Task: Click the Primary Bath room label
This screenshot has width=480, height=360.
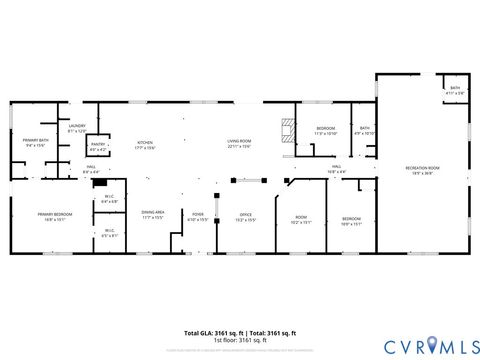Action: (34, 143)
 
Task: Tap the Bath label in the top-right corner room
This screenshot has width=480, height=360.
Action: (455, 89)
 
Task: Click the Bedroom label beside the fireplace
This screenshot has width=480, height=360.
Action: (327, 129)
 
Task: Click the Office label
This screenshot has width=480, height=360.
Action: (245, 215)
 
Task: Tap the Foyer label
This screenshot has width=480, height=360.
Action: (198, 215)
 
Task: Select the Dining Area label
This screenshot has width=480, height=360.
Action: (153, 213)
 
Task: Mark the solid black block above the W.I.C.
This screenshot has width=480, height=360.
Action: (98, 183)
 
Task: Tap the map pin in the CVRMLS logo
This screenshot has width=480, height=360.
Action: (432, 345)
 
